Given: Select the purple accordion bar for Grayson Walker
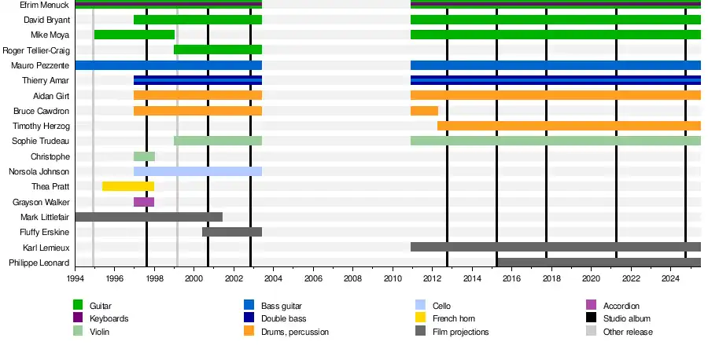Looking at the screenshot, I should (x=144, y=202).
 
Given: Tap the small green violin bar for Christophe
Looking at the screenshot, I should (x=144, y=156).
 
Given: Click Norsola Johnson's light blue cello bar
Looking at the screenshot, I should (x=197, y=171).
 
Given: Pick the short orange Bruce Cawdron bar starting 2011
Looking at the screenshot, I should (x=424, y=111).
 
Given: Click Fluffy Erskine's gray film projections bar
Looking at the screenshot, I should (x=232, y=232).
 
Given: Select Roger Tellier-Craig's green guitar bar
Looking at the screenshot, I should (x=218, y=50).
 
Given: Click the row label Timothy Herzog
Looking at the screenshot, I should (x=41, y=126).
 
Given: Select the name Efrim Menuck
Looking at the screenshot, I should (x=46, y=5).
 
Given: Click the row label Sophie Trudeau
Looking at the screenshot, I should (x=41, y=141).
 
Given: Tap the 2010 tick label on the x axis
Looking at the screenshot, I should (x=392, y=278).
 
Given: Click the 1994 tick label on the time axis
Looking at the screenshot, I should (x=75, y=278).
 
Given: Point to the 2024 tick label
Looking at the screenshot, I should (x=670, y=278).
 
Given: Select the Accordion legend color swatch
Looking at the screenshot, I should (x=592, y=305).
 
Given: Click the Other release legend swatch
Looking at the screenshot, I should (x=592, y=332).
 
